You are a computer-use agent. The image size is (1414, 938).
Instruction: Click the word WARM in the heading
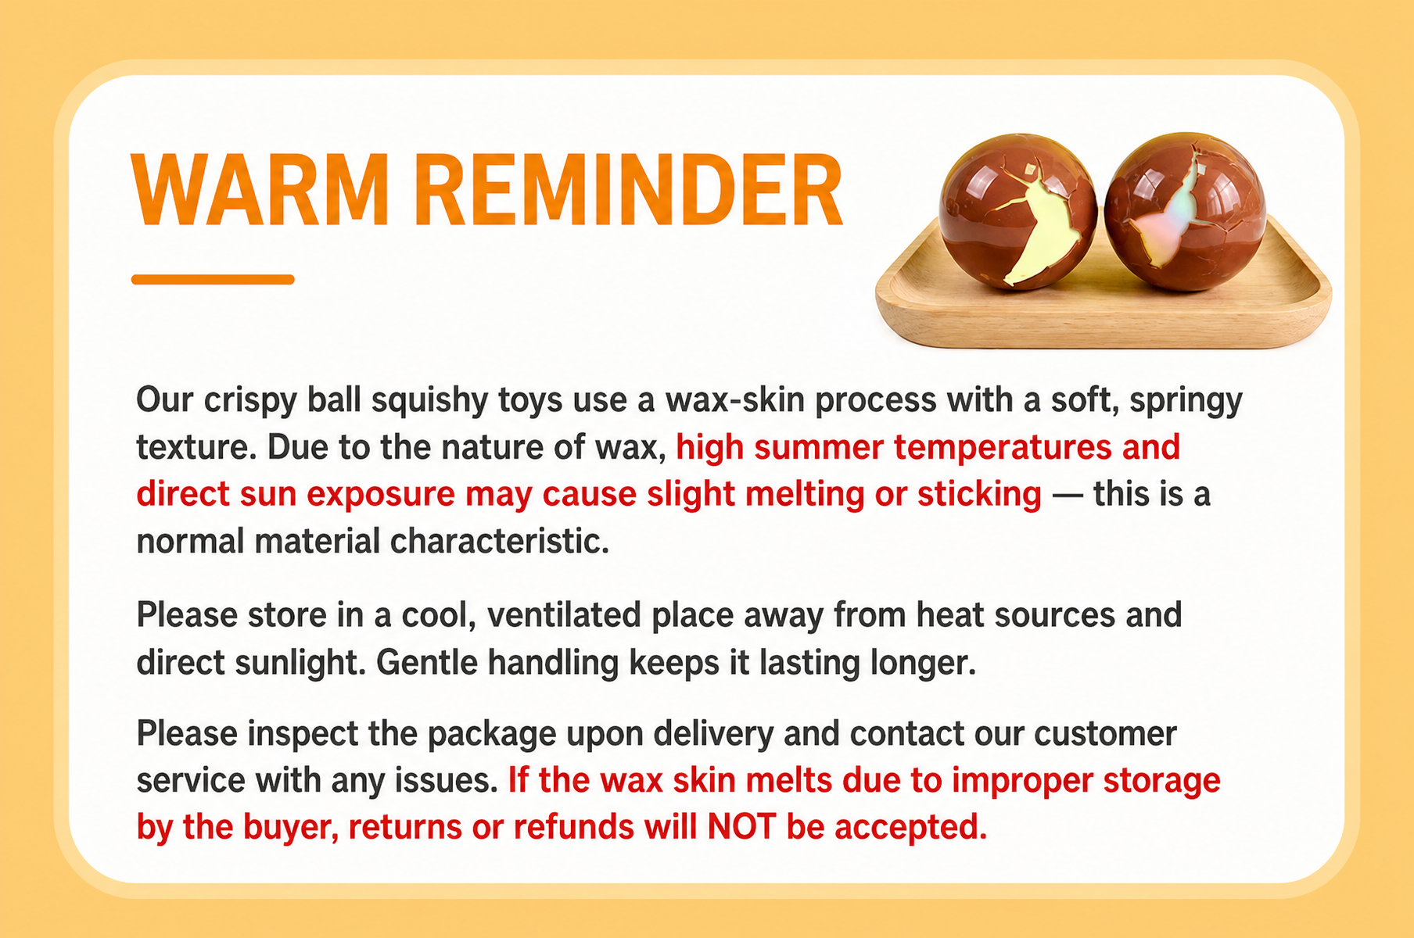(x=260, y=191)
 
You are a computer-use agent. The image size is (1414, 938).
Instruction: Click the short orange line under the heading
(x=213, y=279)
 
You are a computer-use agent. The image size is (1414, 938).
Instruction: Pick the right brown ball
(x=1184, y=212)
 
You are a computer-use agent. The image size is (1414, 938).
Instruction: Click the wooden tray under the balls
(x=1103, y=313)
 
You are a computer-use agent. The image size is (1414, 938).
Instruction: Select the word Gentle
(x=427, y=663)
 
